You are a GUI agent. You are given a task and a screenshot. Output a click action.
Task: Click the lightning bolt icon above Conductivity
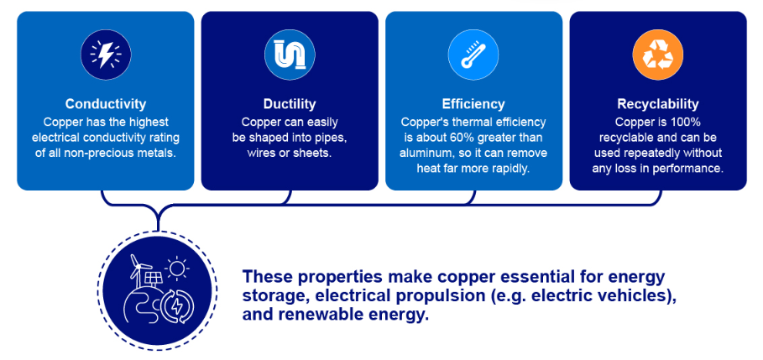coord(106,55)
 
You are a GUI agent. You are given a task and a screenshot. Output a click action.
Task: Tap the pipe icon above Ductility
coord(290,55)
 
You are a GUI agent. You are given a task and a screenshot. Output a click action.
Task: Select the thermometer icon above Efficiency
coord(473,55)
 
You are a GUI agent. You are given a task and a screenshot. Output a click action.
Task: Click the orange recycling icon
coord(658,55)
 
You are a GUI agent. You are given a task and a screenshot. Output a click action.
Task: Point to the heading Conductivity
coord(106,104)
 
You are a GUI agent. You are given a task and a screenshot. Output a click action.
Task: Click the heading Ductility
coord(290,104)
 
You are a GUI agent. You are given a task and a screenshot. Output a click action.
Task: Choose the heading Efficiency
coord(473,104)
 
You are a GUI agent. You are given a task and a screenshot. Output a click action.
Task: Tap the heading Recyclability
coord(658,104)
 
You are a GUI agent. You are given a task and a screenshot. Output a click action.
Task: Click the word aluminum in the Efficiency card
coord(422,154)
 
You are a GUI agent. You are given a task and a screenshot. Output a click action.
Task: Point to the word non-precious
coord(108,154)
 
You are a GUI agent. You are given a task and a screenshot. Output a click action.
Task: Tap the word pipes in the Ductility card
coord(332,138)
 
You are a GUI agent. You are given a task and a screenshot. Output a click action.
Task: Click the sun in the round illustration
coord(176,269)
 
